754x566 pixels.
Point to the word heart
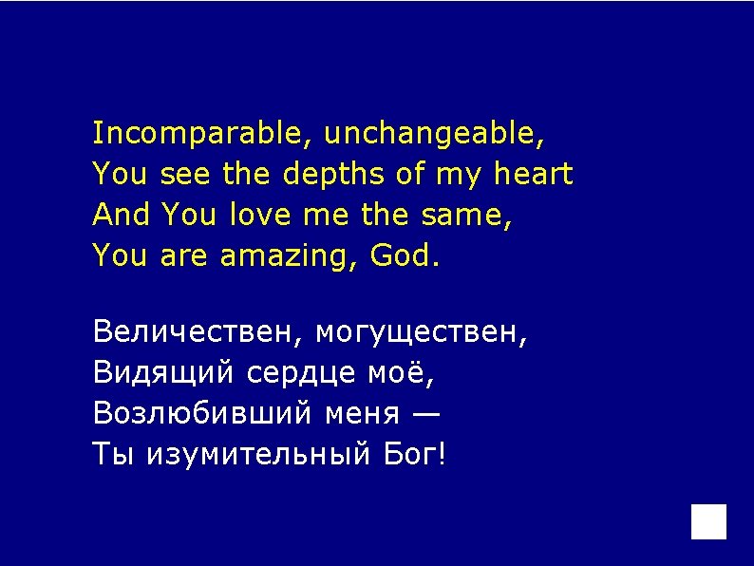[534, 175]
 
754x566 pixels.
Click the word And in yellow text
[122, 216]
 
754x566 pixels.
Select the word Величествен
[197, 332]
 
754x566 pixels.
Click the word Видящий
[162, 374]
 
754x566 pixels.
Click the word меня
[361, 414]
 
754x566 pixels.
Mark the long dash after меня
[426, 415]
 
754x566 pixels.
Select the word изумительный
[258, 455]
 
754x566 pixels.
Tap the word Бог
[410, 455]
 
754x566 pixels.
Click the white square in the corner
[708, 521]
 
